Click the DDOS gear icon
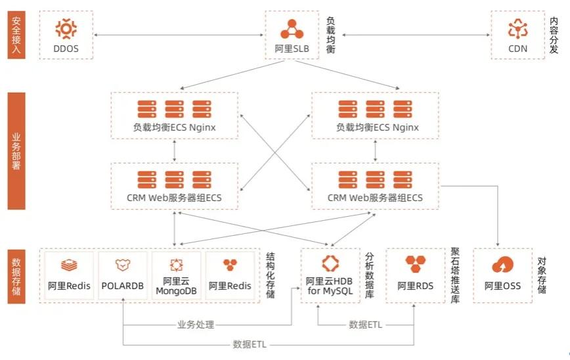(x=66, y=29)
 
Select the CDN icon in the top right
(x=517, y=29)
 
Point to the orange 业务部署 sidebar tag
(x=17, y=150)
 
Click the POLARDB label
(x=122, y=286)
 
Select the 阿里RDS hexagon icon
(x=416, y=265)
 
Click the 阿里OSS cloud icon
(x=502, y=265)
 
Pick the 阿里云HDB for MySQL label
(x=332, y=286)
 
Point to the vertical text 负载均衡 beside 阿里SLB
(x=331, y=35)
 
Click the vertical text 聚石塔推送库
(x=455, y=275)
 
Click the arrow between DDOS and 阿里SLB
(x=179, y=34)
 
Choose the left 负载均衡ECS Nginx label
(x=174, y=127)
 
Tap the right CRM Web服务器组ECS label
(x=375, y=198)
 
